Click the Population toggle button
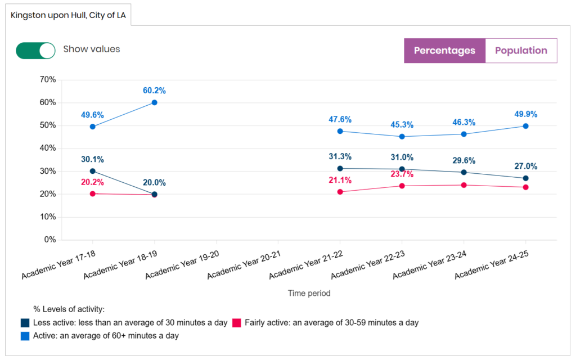(521, 51)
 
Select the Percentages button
(444, 51)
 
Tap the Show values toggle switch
(35, 50)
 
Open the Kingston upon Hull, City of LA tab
(68, 15)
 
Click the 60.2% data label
(154, 91)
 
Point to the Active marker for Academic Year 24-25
(525, 126)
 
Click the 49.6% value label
(92, 115)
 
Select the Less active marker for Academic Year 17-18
(92, 171)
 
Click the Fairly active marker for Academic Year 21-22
(340, 192)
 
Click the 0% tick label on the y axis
(49, 240)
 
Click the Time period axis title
(309, 293)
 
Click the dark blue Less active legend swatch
(25, 323)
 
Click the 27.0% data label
(525, 166)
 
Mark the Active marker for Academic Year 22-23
(402, 136)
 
